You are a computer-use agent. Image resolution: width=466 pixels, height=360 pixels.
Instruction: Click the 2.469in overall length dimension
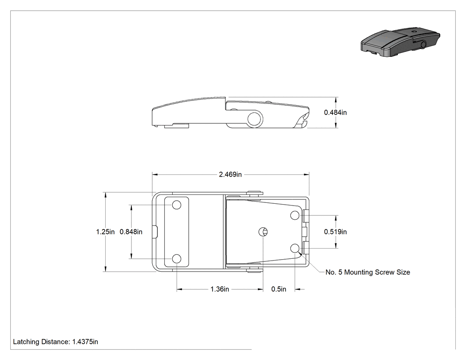[230, 174]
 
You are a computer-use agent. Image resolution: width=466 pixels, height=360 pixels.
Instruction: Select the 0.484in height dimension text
[335, 112]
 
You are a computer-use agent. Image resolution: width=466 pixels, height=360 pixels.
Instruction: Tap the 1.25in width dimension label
[105, 232]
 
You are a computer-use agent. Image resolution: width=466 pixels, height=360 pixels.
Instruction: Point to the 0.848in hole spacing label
[131, 232]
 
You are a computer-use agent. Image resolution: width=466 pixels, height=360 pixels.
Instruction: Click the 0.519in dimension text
[335, 232]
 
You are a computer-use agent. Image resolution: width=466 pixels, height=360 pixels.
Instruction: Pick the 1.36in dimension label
[220, 289]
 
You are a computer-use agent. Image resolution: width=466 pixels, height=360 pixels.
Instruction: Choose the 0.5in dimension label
[279, 289]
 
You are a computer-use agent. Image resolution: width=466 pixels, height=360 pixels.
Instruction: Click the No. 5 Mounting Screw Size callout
[367, 272]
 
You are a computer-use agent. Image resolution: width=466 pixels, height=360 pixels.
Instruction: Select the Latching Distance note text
[55, 341]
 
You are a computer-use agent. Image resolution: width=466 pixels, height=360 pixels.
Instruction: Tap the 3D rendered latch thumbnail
[400, 42]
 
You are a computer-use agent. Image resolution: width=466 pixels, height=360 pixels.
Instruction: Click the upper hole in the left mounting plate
[177, 205]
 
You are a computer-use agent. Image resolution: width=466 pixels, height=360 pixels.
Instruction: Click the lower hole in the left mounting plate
[177, 259]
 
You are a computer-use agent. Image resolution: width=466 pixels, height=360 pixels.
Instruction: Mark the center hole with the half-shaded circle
[263, 232]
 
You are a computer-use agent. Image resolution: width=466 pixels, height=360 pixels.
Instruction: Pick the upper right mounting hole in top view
[295, 215]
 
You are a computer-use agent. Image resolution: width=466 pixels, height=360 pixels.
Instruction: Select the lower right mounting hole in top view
[295, 248]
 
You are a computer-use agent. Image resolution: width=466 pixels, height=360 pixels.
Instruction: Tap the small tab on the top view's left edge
[155, 232]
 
